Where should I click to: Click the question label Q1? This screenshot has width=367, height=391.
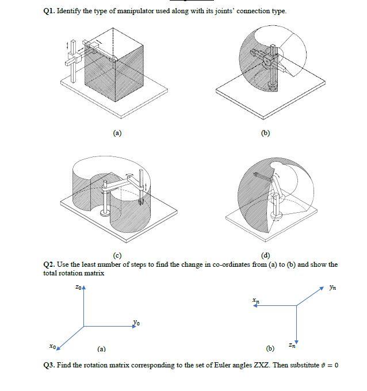pos(49,11)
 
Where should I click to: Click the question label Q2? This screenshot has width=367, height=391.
pos(49,264)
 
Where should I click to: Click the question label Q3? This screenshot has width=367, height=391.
pos(49,365)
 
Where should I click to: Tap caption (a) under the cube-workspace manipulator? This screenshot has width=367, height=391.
pos(117,133)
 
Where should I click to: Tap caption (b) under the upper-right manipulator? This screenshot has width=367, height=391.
pos(265,133)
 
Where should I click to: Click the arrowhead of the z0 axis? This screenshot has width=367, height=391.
pos(84,288)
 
